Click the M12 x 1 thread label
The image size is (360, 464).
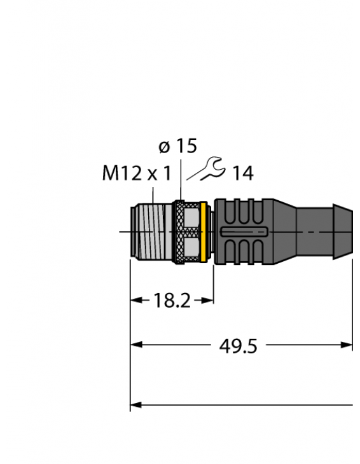(x=136, y=174)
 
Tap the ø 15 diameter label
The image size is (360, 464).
(x=177, y=147)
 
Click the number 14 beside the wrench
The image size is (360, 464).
(x=242, y=173)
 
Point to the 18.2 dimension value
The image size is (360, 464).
(x=172, y=301)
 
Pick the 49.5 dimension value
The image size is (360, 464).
(x=242, y=346)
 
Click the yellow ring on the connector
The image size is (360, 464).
(x=204, y=232)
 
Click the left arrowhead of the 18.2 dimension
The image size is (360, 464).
(x=135, y=300)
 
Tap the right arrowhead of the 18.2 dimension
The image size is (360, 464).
(x=208, y=300)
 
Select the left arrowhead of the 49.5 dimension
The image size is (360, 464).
(x=135, y=345)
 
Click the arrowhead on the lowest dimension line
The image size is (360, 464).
(x=135, y=404)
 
